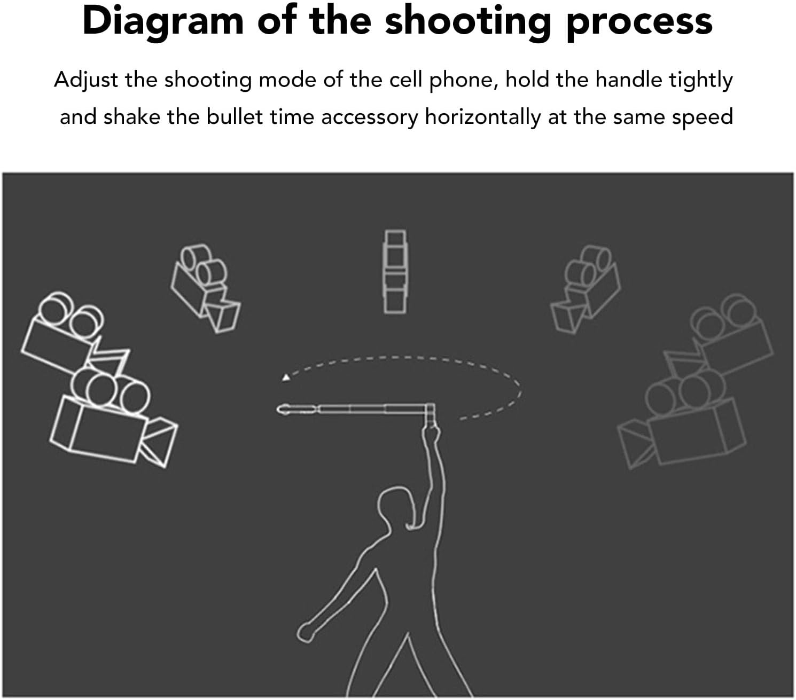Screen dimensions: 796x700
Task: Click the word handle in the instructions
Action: [629, 80]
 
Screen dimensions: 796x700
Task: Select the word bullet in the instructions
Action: [234, 116]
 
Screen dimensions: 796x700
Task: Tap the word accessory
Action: [369, 118]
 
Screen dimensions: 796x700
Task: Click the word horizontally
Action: [483, 118]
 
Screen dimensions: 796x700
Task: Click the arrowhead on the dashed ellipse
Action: [286, 377]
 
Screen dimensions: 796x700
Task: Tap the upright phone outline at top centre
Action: [395, 272]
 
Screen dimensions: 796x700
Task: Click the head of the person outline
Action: [397, 507]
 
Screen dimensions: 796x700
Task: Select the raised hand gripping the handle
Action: [431, 434]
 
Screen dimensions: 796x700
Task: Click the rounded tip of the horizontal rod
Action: [282, 410]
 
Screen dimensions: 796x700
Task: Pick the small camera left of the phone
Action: [206, 289]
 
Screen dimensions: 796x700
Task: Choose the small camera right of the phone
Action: [586, 289]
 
